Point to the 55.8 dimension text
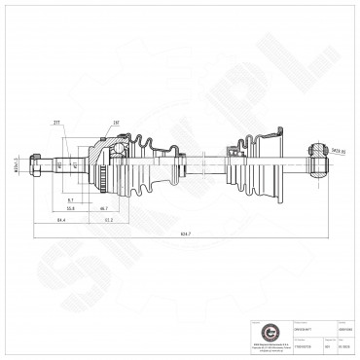coord(71,208)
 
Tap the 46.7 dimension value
coord(103,208)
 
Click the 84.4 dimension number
coord(60,220)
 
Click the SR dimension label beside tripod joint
coord(338,152)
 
